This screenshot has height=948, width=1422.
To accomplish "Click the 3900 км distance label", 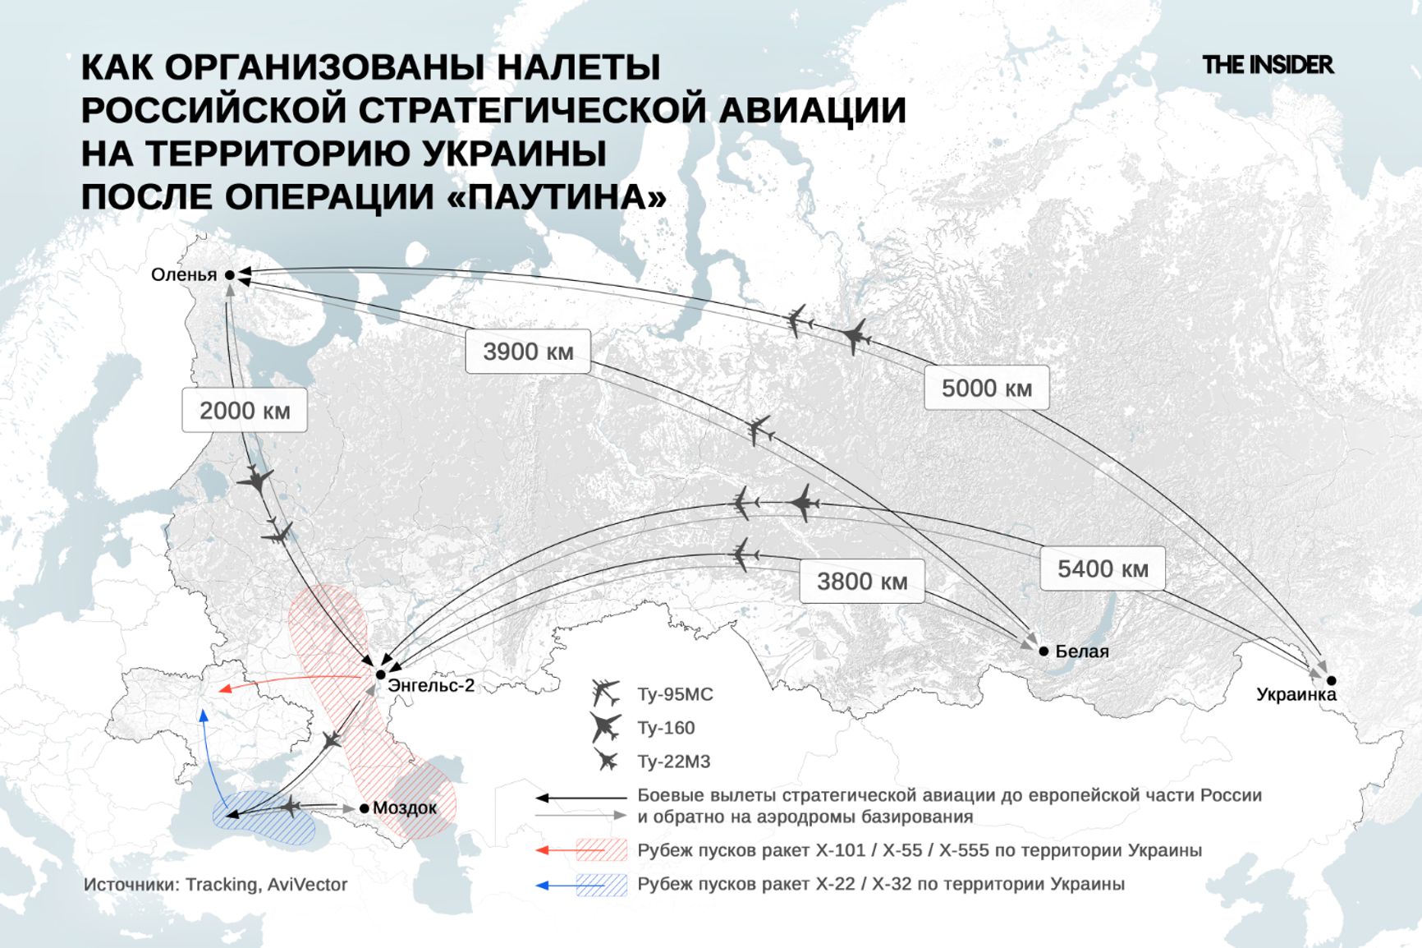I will point(528,352).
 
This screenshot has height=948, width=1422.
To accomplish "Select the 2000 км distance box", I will point(245,411).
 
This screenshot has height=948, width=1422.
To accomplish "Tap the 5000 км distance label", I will point(986,388).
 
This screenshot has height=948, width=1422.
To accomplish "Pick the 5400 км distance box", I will point(1102,568).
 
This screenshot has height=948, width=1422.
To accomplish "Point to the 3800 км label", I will point(861,582).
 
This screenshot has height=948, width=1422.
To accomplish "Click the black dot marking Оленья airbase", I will point(230,275).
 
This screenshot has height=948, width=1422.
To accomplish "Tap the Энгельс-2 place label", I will point(431,685).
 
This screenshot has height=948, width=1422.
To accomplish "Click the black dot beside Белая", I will point(1044,651).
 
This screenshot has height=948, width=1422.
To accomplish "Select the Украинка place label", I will point(1296,695).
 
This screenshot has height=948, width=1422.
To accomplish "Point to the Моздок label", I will point(405,808).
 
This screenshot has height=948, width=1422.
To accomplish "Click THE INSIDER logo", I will point(1267,65).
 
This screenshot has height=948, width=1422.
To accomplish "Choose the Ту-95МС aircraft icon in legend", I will point(606,693).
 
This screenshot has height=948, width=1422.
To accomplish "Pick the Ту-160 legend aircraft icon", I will point(606,727).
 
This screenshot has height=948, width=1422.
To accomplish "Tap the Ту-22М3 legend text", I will point(673,762).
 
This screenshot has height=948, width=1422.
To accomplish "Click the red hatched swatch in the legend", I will point(602,850).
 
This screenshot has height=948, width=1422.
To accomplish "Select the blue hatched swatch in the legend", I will point(602,885).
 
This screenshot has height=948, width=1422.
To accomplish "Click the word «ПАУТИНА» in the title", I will point(558,197).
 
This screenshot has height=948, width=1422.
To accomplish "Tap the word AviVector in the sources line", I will point(307,885).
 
